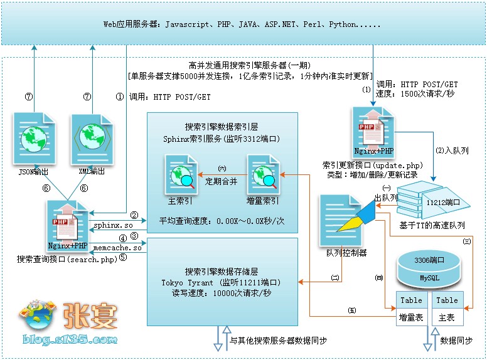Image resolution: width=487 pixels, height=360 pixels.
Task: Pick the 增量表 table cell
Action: [411, 317]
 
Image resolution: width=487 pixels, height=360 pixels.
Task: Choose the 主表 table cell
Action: [447, 317]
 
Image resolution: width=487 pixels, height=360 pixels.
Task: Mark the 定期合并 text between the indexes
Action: [222, 182]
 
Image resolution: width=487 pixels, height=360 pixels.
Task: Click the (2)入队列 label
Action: [452, 151]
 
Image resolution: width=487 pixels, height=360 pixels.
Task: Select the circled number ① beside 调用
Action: [120, 97]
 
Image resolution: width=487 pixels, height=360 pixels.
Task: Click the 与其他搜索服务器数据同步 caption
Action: [278, 341]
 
